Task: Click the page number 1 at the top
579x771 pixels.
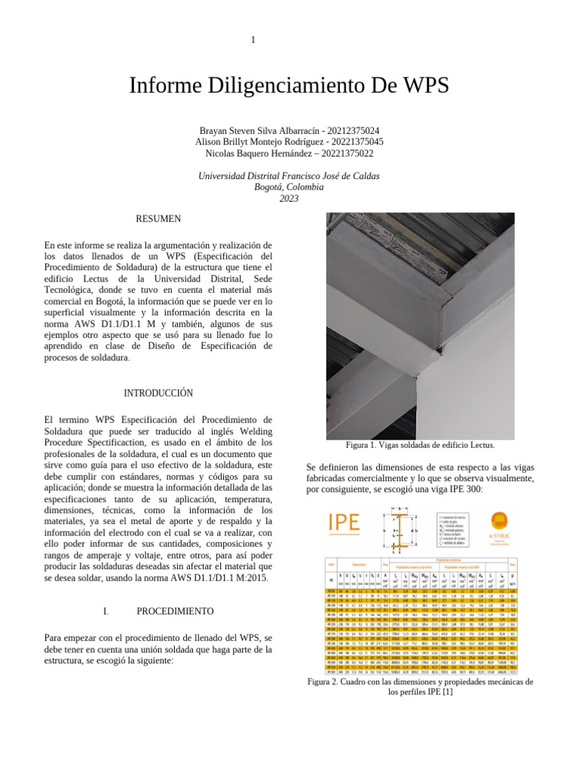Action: pyautogui.click(x=253, y=39)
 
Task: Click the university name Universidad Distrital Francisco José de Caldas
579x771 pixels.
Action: pyautogui.click(x=289, y=175)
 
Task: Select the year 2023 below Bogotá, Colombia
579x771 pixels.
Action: pyautogui.click(x=289, y=198)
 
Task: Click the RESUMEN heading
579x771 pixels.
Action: pyautogui.click(x=158, y=218)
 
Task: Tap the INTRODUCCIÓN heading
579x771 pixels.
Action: pyautogui.click(x=158, y=393)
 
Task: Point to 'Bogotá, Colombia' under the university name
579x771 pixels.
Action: pyautogui.click(x=289, y=187)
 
